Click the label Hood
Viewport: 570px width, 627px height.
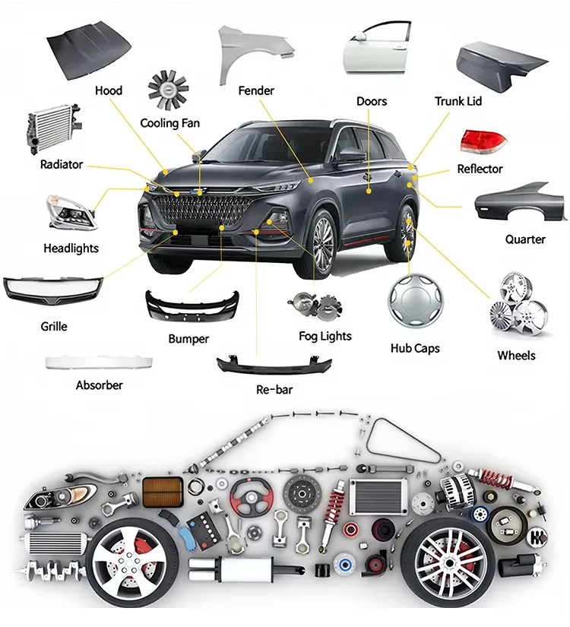(x=109, y=91)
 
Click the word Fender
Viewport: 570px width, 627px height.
(x=256, y=90)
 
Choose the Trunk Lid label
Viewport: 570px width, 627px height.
(x=458, y=101)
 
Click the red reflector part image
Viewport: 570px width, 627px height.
(x=483, y=141)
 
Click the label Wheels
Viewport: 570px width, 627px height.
(x=516, y=355)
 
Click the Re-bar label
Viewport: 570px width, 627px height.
(x=274, y=390)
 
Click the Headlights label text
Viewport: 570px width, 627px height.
(x=71, y=248)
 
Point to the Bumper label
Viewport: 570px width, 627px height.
(x=188, y=338)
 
